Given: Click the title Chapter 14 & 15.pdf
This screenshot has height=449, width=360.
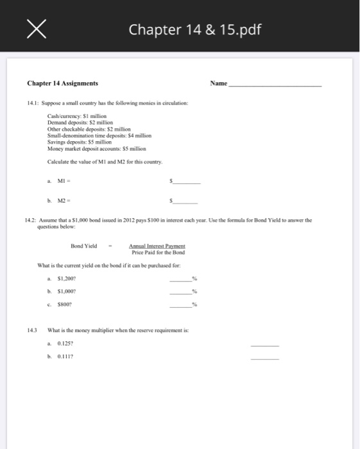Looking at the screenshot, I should point(195,30).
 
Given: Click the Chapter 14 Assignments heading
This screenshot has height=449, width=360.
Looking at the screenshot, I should point(63,83).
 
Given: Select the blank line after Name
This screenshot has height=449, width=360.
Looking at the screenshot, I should point(275,84).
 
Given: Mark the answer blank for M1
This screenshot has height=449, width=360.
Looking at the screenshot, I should point(187,182).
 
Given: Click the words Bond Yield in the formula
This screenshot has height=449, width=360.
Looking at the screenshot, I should point(84,246).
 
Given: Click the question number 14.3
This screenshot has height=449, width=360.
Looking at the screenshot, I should point(32,331).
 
